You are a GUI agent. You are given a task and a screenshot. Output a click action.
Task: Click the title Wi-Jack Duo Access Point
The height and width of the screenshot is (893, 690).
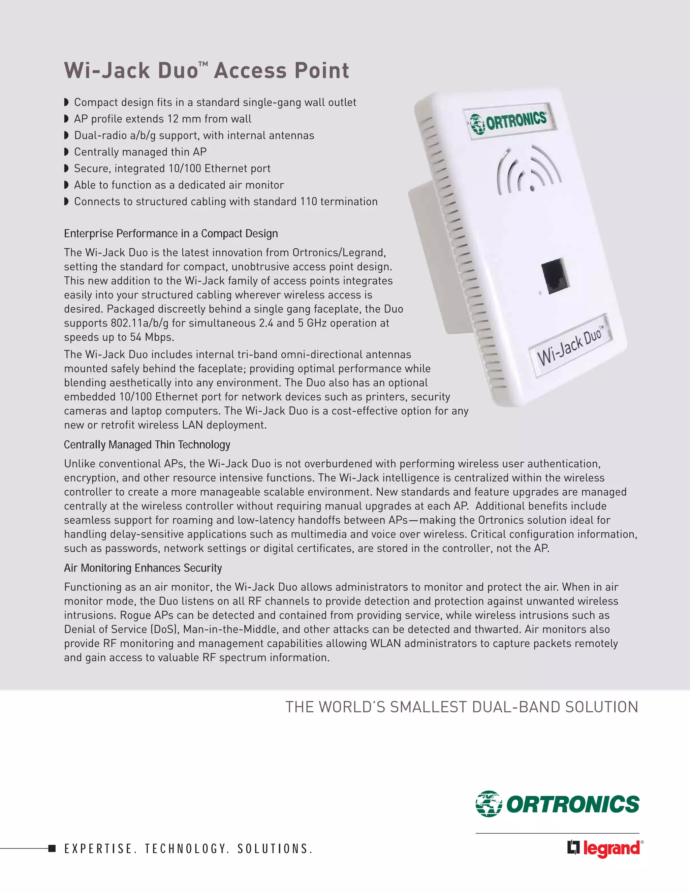(x=207, y=70)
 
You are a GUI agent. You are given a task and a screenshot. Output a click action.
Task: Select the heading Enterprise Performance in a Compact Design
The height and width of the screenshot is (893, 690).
(x=171, y=234)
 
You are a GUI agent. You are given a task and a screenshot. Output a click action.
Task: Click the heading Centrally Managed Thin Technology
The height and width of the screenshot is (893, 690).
(x=147, y=444)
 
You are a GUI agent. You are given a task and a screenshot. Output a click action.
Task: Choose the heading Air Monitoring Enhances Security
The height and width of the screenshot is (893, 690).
(x=143, y=568)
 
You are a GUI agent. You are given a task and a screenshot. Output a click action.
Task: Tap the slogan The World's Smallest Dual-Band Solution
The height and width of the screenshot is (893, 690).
(x=462, y=707)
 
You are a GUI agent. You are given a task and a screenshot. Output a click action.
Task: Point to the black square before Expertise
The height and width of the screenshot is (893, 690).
(x=52, y=849)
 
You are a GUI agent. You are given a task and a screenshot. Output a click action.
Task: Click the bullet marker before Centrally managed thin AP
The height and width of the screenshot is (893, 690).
(x=67, y=152)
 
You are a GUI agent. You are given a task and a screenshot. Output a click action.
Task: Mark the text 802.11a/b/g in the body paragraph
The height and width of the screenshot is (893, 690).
(x=139, y=323)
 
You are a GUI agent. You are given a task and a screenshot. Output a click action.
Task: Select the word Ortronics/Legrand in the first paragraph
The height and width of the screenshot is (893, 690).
(x=339, y=253)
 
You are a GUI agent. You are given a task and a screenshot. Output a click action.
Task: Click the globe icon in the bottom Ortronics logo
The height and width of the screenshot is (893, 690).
(x=489, y=804)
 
